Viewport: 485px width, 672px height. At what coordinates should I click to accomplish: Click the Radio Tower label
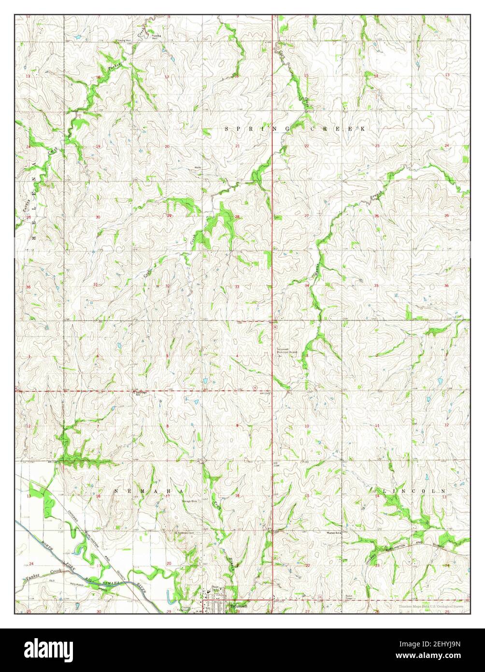click(x=349, y=597)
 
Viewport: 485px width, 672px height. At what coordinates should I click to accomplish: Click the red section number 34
click(x=307, y=286)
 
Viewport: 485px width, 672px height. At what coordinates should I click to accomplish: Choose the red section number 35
click(x=376, y=286)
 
